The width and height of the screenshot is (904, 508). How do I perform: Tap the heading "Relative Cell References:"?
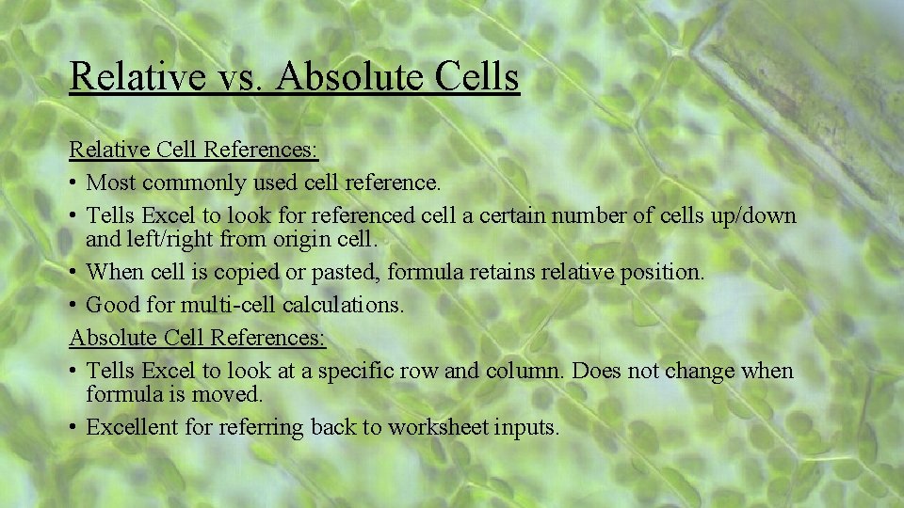[194, 150]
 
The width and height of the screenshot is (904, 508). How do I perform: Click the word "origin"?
[303, 239]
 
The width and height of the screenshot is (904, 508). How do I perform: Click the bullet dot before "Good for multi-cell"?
[73, 306]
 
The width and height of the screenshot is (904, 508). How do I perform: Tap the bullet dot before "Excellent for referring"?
[73, 428]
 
